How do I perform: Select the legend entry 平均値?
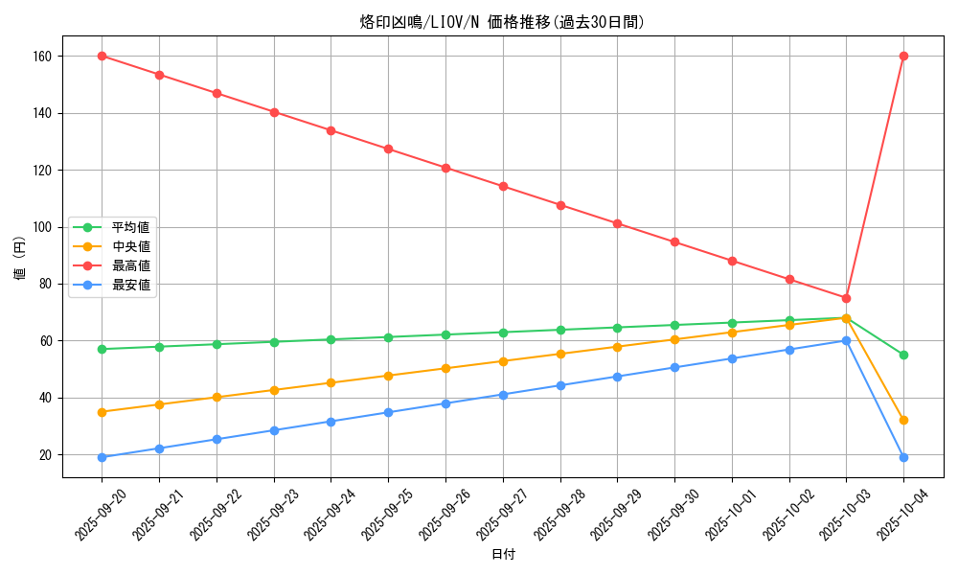click(x=130, y=227)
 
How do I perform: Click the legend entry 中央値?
click(x=130, y=246)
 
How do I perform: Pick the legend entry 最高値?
click(x=130, y=265)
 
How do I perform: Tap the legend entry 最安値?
click(x=130, y=285)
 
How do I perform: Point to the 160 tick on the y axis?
click(x=42, y=57)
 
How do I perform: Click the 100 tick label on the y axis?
click(x=42, y=227)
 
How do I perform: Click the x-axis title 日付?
click(x=503, y=555)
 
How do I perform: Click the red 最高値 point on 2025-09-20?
click(x=102, y=57)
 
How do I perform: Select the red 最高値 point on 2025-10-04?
click(x=903, y=57)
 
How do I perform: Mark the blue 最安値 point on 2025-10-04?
click(x=903, y=457)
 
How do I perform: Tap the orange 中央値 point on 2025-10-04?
click(x=903, y=421)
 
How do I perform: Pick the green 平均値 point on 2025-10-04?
click(x=903, y=355)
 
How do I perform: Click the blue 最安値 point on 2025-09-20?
click(x=102, y=457)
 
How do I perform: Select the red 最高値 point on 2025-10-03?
click(x=846, y=298)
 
